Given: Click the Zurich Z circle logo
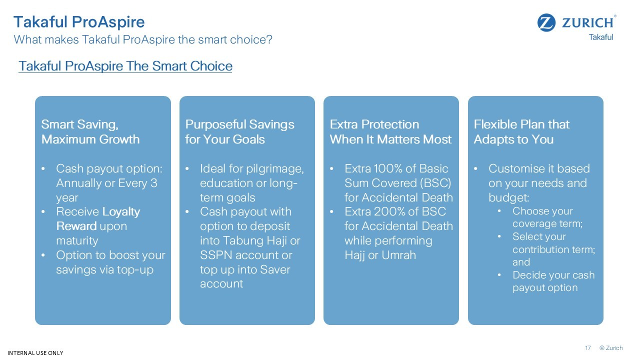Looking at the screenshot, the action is pos(546,22).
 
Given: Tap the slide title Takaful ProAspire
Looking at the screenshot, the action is pos(79,22).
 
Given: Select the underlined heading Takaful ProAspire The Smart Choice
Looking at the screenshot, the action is pos(125,66).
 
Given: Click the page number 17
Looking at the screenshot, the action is pos(587,347).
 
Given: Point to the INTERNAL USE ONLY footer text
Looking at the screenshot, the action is pos(35,353).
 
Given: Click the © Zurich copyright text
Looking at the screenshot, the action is pos(611,347).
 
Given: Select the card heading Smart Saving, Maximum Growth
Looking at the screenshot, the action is pos(90,131).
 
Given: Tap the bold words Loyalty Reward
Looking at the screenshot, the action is pos(98,219).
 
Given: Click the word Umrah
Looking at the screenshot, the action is pos(398,255).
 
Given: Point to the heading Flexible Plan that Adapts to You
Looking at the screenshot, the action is pos(521,131).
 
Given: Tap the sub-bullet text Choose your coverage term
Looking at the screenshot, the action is pos(547,217).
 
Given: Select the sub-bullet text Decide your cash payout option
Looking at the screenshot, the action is pos(553,281).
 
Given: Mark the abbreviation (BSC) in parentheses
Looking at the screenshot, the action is pos(435,183).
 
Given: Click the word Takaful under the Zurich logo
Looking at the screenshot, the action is pos(601,37).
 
